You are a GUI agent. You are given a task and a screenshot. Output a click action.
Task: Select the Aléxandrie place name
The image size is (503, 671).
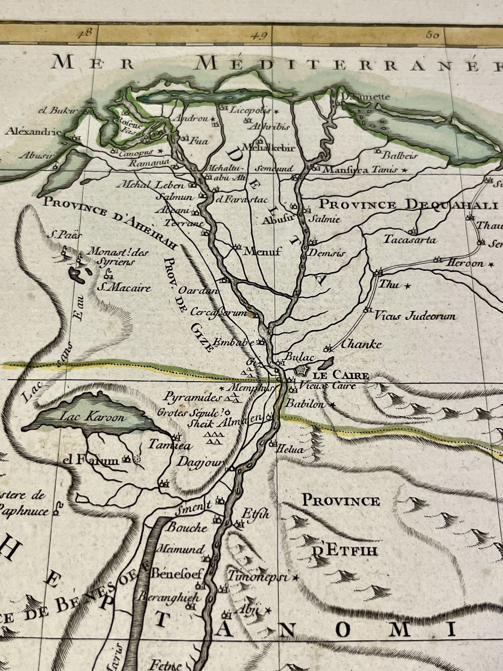[34, 131]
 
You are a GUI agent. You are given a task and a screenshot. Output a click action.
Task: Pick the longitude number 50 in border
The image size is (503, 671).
[432, 35]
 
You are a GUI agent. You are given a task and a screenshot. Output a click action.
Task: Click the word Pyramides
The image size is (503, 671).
[191, 398]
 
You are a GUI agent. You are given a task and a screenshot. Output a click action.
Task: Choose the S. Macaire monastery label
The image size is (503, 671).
[124, 288]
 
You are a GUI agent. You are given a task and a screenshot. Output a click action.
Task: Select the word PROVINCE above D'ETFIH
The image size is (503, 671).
[341, 501]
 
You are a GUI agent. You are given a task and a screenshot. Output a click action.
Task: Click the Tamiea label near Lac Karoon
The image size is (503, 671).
[170, 445]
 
